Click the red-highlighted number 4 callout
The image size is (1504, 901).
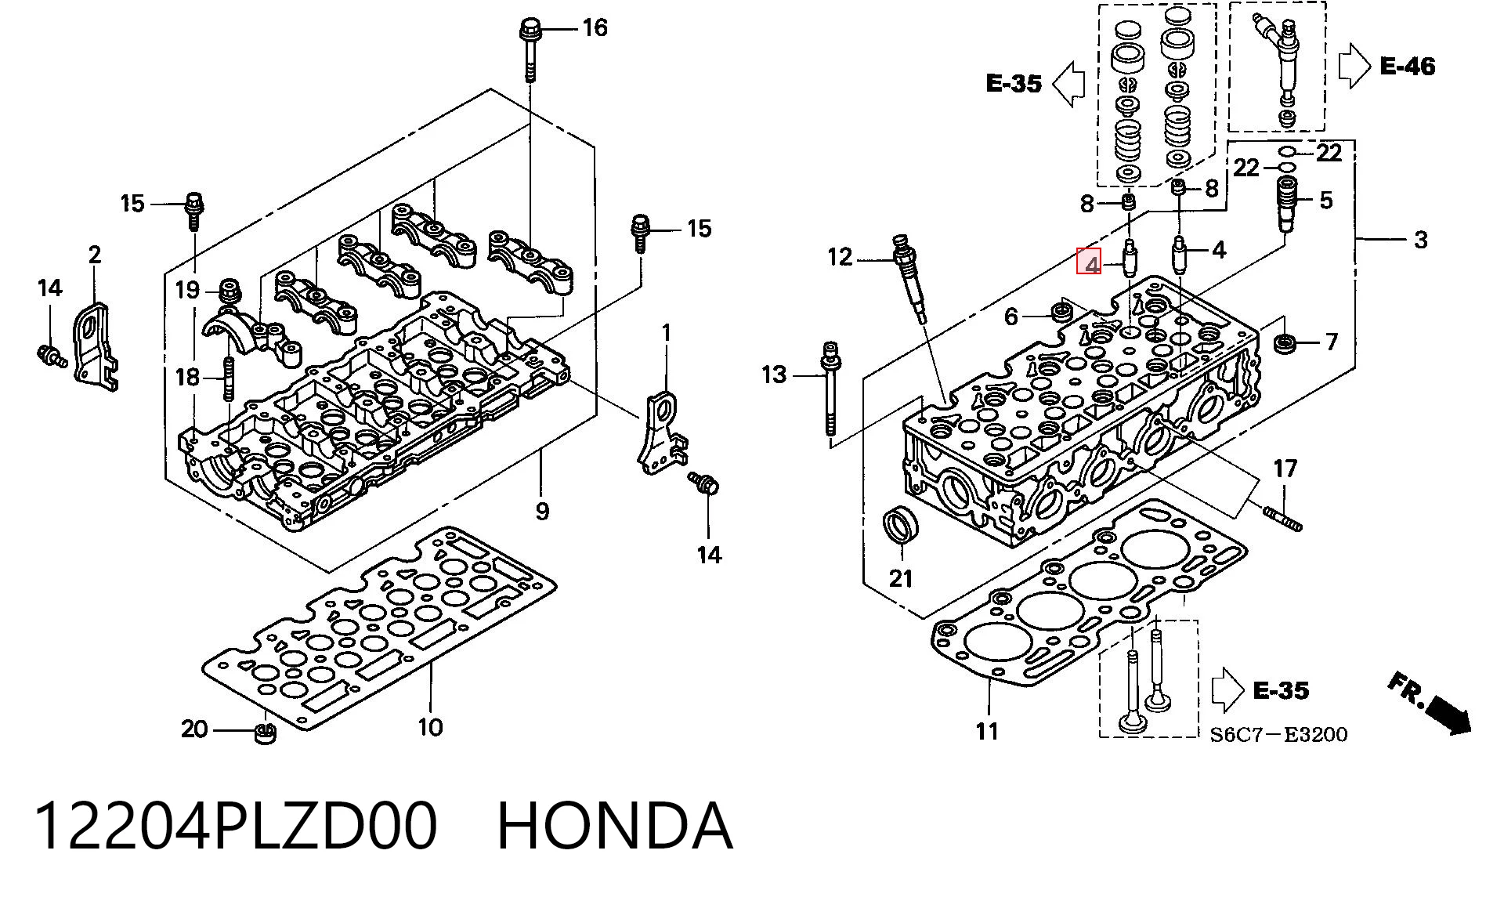[1090, 262]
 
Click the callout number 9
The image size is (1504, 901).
[542, 512]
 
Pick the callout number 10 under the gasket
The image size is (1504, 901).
[431, 727]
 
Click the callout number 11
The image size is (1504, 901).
[987, 731]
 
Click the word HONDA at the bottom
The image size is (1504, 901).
[615, 826]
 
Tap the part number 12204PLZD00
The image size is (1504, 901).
[235, 826]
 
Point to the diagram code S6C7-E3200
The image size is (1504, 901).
[1278, 734]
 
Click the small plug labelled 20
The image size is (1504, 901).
[266, 734]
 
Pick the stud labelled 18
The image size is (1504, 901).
[229, 378]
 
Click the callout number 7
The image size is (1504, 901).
[1331, 342]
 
